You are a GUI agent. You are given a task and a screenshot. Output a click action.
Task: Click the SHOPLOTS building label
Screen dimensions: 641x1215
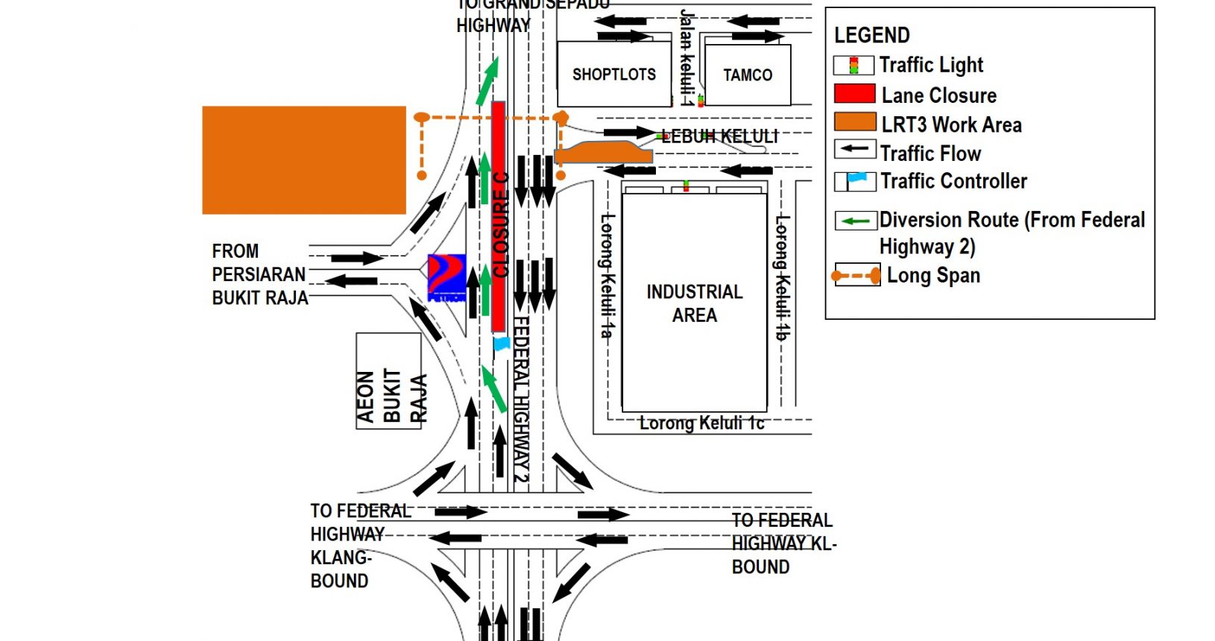(613, 75)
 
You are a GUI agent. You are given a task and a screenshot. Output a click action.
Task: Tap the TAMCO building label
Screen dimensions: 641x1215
(747, 75)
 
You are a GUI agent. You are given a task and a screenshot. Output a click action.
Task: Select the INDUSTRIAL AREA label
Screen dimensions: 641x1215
(694, 303)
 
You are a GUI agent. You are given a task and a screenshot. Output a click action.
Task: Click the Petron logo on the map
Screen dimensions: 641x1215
(446, 277)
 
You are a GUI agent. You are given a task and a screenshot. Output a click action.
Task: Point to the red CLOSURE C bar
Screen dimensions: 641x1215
(499, 216)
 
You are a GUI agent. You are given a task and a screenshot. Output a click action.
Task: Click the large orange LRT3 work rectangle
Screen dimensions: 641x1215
(304, 160)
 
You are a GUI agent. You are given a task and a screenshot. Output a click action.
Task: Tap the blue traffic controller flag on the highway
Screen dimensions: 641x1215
(502, 344)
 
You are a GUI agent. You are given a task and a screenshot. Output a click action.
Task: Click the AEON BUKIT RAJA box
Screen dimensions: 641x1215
(389, 381)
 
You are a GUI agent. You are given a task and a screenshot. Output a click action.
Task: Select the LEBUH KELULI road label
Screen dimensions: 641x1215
(719, 136)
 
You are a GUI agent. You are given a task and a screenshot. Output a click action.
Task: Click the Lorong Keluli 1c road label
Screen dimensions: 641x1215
(701, 423)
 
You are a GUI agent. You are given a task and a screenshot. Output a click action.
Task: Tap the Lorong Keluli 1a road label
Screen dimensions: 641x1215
(607, 276)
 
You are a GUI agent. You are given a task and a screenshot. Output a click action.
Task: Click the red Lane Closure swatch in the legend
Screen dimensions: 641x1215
(854, 94)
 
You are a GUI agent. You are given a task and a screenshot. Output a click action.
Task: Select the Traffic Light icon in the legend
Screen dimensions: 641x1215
(853, 66)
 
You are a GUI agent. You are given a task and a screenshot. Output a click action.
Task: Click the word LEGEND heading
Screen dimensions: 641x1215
(871, 35)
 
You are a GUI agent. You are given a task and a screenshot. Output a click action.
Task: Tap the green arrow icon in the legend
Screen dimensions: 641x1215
(855, 221)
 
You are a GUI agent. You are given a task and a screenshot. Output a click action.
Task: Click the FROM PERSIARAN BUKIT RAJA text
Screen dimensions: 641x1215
(259, 274)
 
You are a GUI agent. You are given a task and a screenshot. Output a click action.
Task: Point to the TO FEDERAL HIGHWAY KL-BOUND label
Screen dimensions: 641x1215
(783, 543)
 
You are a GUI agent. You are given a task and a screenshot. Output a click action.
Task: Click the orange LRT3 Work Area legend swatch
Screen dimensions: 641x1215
(854, 123)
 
